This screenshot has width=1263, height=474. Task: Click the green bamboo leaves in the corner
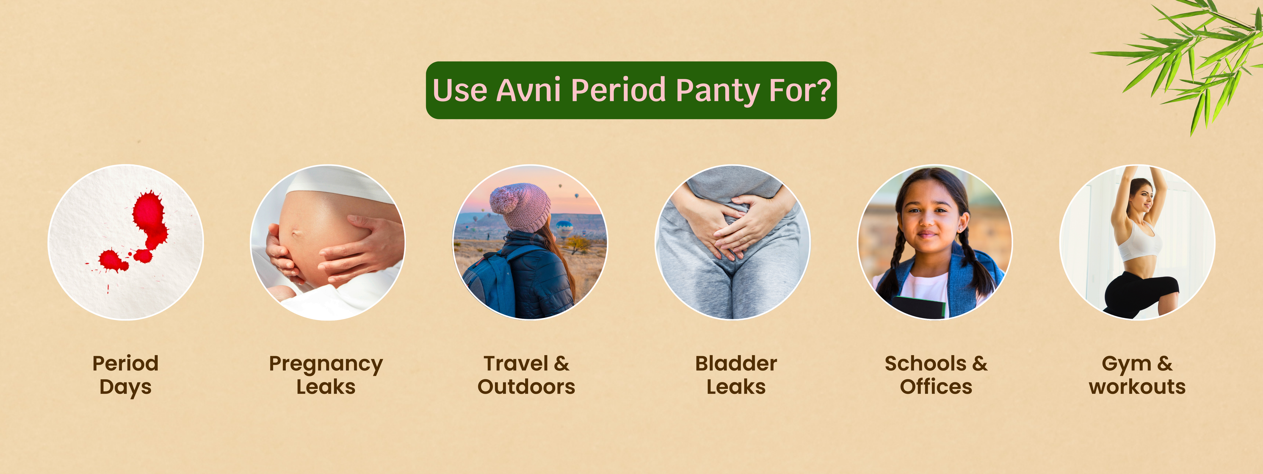pos(1196,54)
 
